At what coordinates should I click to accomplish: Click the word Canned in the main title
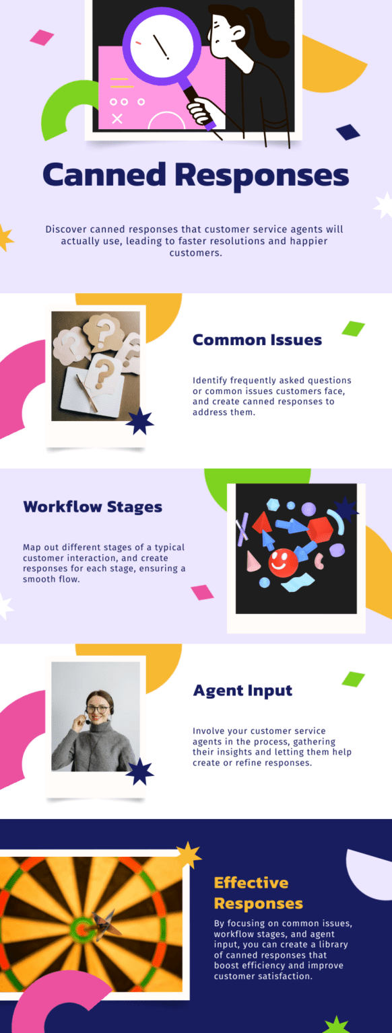[x=104, y=174]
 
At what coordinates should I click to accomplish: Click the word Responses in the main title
[x=262, y=176]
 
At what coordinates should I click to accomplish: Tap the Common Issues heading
[x=257, y=340]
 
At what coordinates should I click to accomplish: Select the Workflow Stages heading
[x=93, y=507]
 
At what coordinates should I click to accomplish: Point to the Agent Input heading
[x=243, y=691]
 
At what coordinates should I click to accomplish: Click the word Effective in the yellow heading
[x=251, y=882]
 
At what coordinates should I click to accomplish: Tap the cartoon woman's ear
[x=238, y=32]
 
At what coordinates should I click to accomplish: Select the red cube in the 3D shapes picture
[x=321, y=529]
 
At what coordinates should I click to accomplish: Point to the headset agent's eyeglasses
[x=98, y=710]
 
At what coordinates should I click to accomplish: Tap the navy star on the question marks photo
[x=139, y=422]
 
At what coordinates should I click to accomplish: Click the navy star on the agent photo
[x=139, y=771]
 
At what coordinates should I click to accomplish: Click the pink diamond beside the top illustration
[x=42, y=38]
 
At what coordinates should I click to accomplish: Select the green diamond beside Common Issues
[x=353, y=329]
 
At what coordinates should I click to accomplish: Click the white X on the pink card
[x=117, y=119]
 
